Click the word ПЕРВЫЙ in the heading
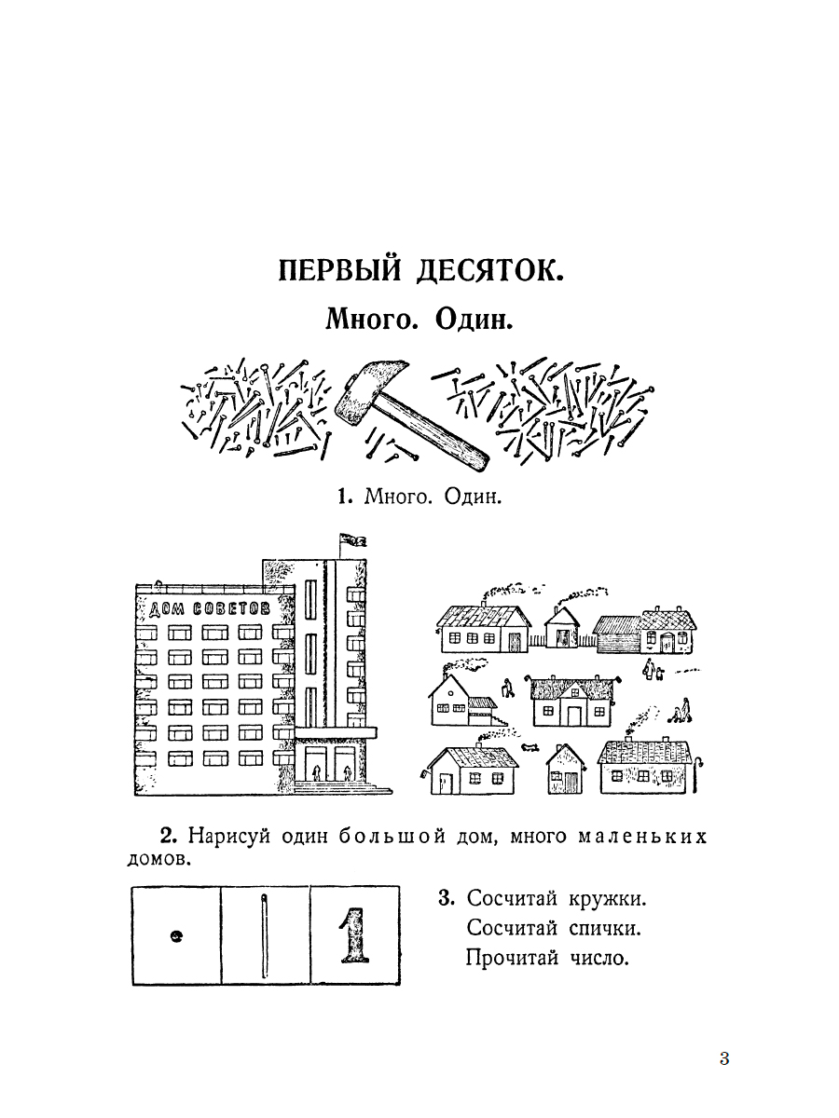[339, 270]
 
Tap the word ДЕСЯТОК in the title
[490, 270]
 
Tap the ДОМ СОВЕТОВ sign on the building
[209, 608]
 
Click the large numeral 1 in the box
[354, 935]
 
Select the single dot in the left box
[176, 935]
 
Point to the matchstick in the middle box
[264, 936]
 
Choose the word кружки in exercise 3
[607, 898]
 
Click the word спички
[605, 928]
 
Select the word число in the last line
[599, 958]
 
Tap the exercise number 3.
[447, 898]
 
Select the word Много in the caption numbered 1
[398, 496]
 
